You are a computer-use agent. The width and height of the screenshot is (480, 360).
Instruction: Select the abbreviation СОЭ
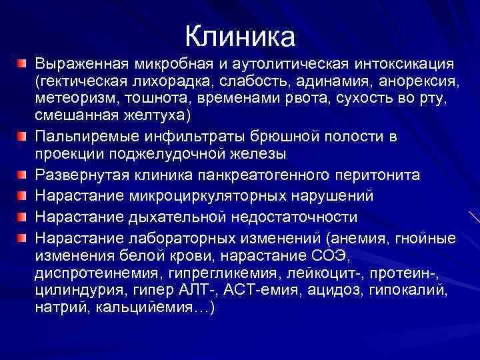coord(329,256)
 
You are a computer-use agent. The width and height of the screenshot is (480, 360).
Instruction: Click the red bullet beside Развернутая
coord(22,175)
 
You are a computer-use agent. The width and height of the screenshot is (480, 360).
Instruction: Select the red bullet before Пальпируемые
coord(22,136)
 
